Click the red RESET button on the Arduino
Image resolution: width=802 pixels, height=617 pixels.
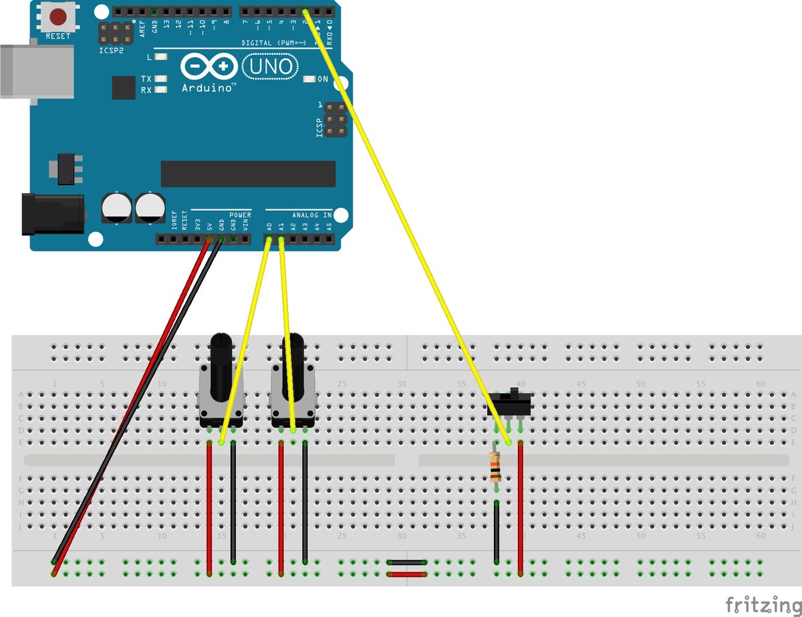click(x=58, y=15)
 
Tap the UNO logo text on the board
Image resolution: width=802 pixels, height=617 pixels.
click(x=271, y=66)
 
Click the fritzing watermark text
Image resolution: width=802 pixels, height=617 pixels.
click(x=763, y=604)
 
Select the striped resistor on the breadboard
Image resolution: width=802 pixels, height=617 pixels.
click(x=495, y=466)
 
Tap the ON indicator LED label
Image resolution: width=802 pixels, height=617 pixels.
click(x=322, y=79)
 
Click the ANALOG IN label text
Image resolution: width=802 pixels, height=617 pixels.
click(x=311, y=215)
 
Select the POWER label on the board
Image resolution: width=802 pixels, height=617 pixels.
click(x=241, y=215)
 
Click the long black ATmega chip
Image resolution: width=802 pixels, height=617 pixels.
click(x=248, y=174)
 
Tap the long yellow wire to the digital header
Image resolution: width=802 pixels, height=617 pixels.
click(x=408, y=227)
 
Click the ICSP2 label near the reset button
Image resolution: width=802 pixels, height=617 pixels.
click(x=111, y=49)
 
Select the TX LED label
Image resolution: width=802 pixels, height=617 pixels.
click(x=146, y=78)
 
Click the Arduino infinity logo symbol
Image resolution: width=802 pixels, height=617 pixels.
click(x=209, y=66)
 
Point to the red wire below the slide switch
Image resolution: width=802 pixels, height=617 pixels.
click(x=521, y=508)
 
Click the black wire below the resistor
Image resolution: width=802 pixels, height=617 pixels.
click(x=497, y=531)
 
